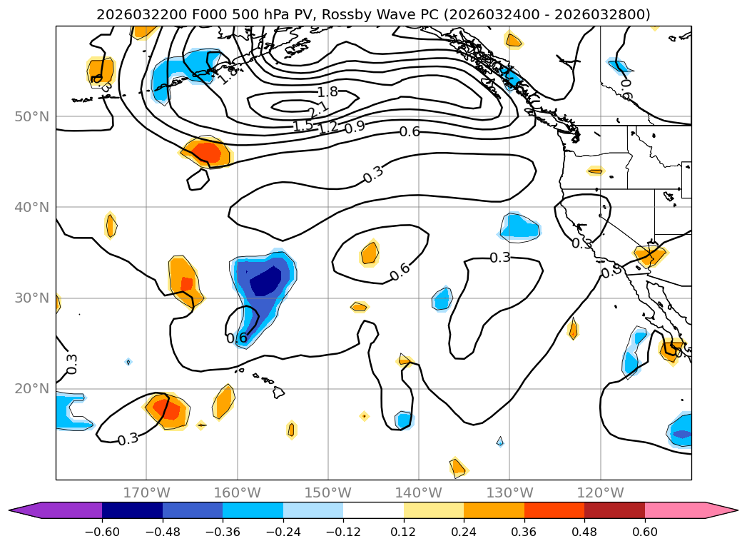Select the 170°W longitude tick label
coord(146,492)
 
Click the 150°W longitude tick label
coord(327,492)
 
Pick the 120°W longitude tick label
coord(600,492)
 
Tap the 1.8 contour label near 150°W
coord(327,91)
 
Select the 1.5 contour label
coord(303,126)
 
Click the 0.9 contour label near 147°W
coord(355,128)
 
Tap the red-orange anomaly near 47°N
coord(207,152)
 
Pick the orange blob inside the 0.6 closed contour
coord(370,253)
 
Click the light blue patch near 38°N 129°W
coord(521,226)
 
